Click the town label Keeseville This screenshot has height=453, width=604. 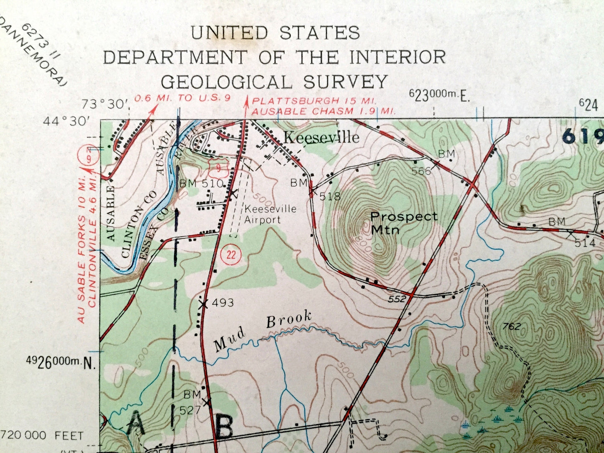pos(321,137)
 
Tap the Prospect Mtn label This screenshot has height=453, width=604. pos(403,222)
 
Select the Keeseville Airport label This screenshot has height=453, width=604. pos(270,214)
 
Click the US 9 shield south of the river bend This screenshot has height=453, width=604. pos(219,168)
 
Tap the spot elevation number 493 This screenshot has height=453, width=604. pos(222,302)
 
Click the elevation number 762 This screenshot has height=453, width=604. pos(512,326)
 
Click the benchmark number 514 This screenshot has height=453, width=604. pos(585,243)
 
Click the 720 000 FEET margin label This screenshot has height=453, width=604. pos(42,436)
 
